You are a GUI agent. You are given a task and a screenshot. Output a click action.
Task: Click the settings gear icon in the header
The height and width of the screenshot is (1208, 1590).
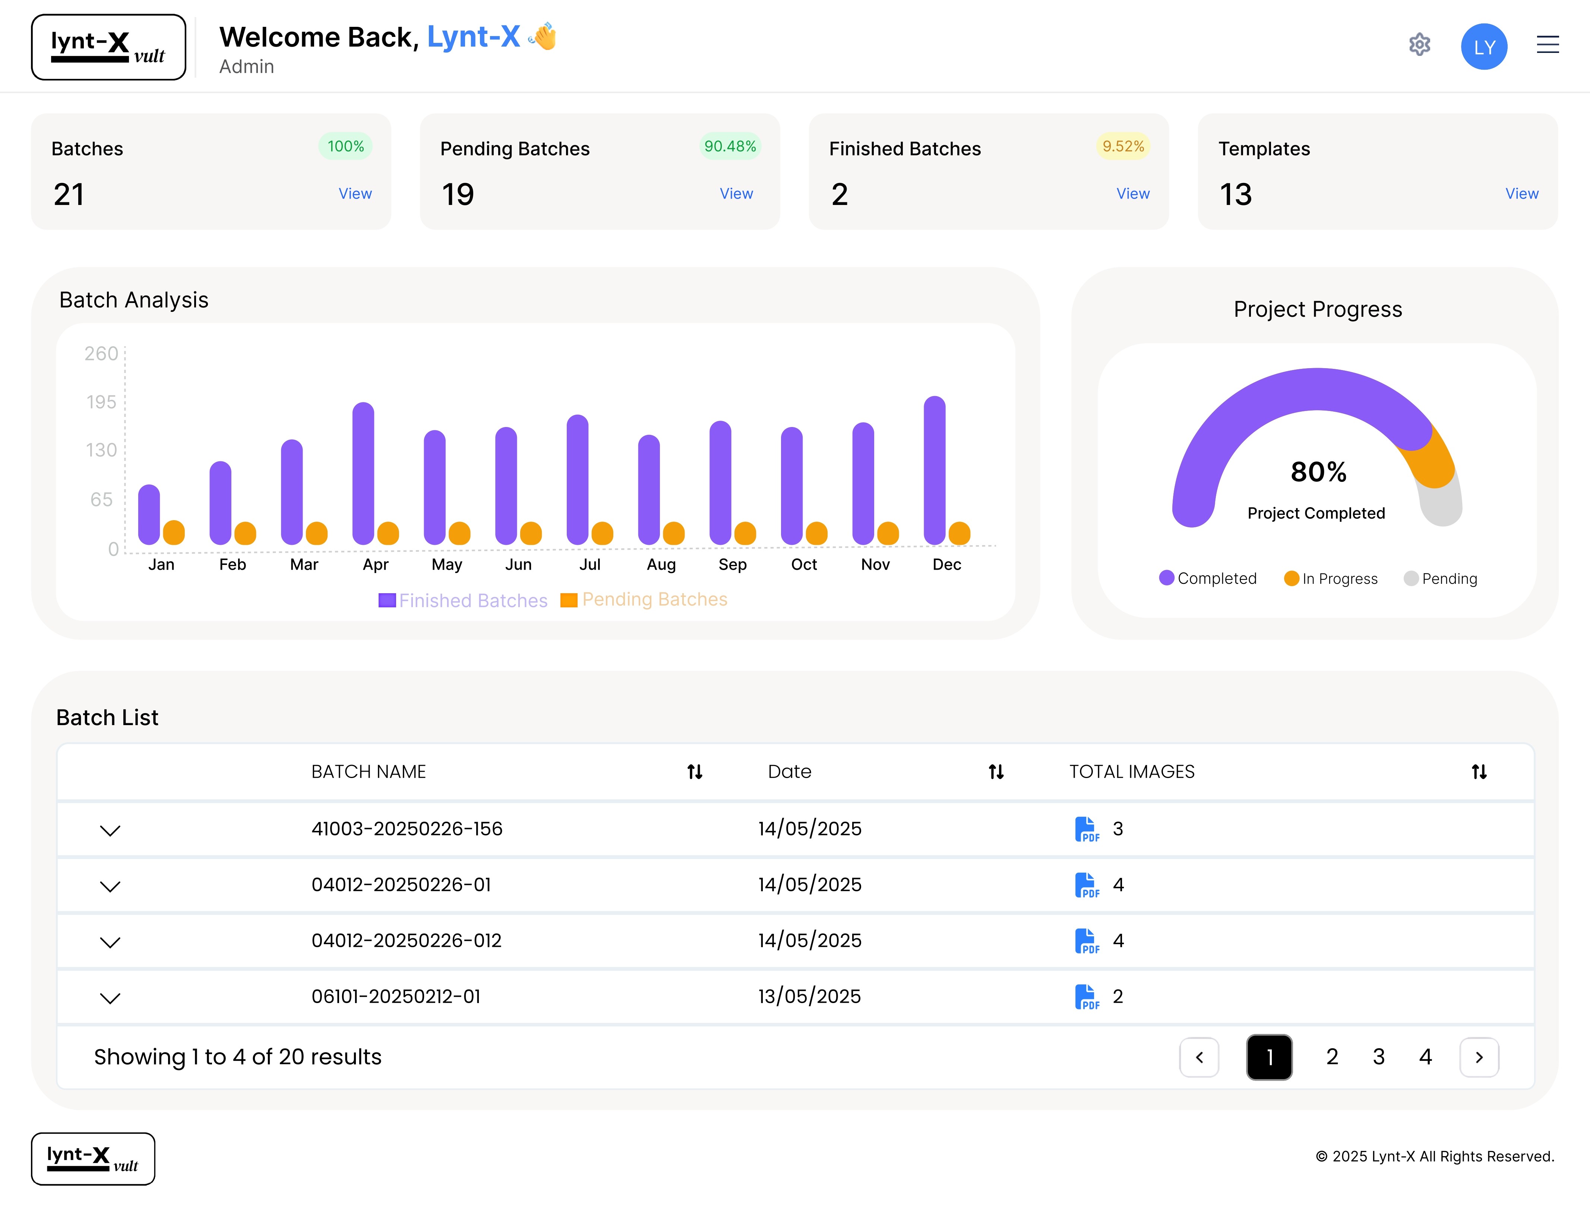pyautogui.click(x=1419, y=45)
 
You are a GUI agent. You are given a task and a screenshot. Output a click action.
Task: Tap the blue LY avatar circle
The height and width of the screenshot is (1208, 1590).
pyautogui.click(x=1483, y=47)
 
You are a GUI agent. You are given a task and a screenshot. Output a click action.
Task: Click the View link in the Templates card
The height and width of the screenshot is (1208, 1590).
pyautogui.click(x=1522, y=193)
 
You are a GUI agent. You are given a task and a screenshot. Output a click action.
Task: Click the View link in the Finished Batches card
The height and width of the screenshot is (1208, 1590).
pyautogui.click(x=1133, y=193)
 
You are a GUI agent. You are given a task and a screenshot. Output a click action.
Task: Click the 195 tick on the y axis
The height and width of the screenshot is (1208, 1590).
pyautogui.click(x=101, y=402)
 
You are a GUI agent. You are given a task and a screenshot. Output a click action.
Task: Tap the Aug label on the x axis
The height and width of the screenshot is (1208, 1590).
pyautogui.click(x=661, y=565)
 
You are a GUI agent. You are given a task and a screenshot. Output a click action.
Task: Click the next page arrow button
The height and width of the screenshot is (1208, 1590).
pyautogui.click(x=1479, y=1057)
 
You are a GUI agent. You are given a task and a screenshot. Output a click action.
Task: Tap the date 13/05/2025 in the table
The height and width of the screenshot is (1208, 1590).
pyautogui.click(x=809, y=997)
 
